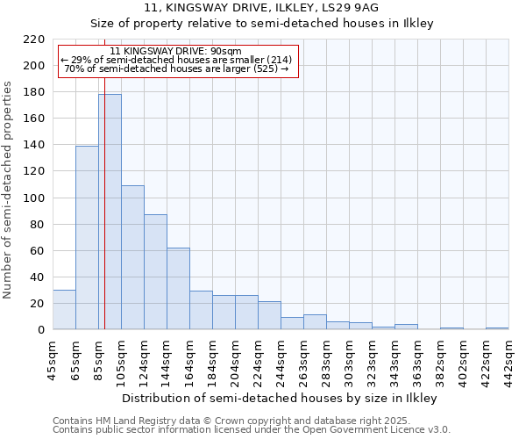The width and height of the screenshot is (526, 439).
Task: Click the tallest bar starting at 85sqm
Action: (110, 212)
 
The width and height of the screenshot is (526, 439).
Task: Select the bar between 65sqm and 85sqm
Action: (87, 237)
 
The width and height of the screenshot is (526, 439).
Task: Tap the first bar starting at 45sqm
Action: (64, 309)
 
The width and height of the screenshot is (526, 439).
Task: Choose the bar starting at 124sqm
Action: (155, 271)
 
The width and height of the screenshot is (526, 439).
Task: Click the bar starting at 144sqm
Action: (178, 288)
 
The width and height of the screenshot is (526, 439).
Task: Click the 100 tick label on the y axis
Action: (34, 198)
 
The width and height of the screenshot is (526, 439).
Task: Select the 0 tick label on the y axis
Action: (41, 330)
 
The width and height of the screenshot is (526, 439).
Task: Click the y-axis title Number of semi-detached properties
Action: (9, 190)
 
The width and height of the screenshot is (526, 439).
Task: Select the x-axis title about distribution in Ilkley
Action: (279, 398)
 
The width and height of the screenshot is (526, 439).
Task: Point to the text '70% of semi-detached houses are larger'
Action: (176, 68)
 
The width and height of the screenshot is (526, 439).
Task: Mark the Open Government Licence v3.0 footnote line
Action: (252, 430)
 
